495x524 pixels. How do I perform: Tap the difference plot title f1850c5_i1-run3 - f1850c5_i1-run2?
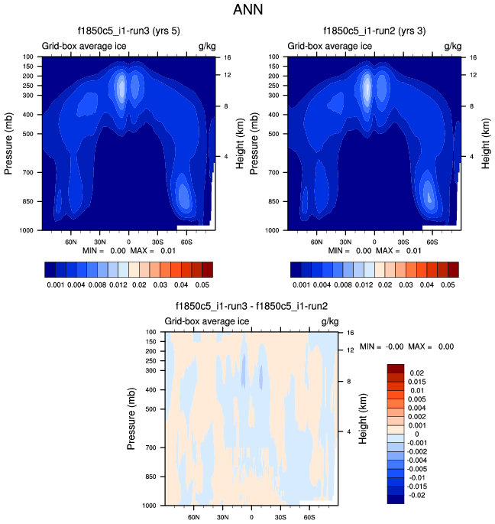pos(251,307)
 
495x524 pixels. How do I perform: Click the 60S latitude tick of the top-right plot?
pos(432,241)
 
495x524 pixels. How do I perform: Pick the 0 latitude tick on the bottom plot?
pos(251,516)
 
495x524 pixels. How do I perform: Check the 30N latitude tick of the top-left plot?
pos(99,241)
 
